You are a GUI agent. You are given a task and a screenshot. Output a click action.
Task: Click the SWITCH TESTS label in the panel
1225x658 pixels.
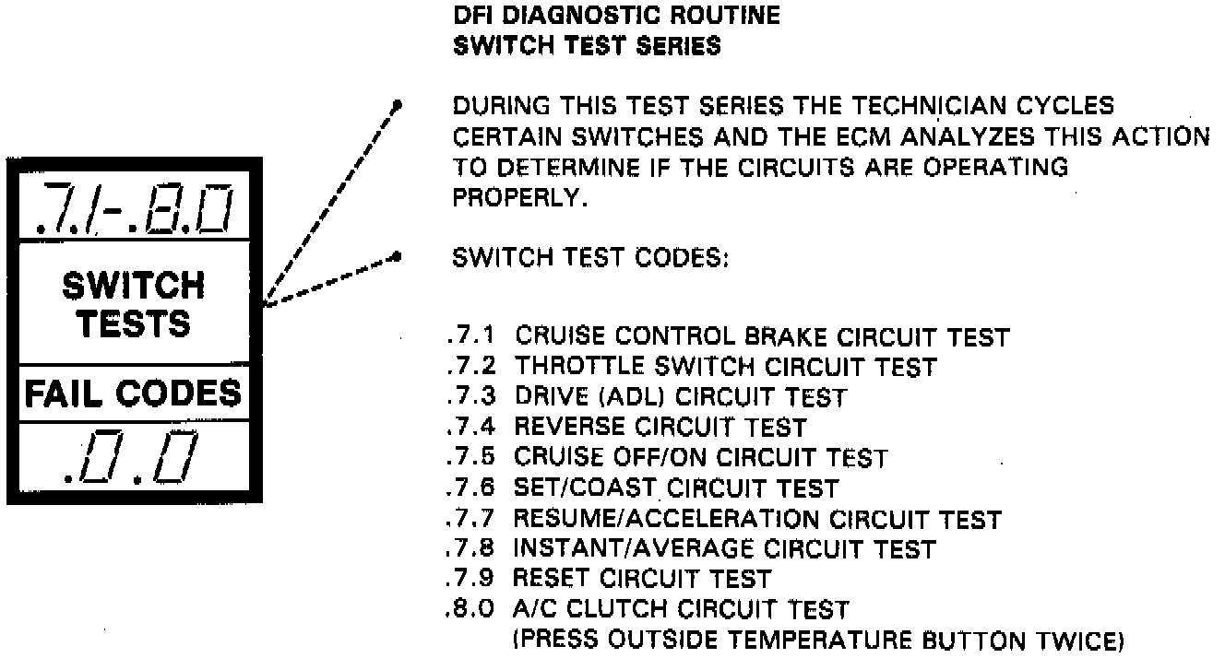(x=133, y=304)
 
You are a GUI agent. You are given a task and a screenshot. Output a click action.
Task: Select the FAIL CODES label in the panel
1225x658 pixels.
(x=133, y=394)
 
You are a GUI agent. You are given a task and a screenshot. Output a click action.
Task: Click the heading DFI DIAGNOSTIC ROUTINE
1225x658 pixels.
(x=617, y=16)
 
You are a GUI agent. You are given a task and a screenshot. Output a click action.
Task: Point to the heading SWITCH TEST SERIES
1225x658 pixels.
(x=588, y=46)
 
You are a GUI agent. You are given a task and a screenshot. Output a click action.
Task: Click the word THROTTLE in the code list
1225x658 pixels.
(x=576, y=368)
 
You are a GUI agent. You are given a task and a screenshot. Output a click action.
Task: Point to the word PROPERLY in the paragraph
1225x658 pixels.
(x=518, y=198)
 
